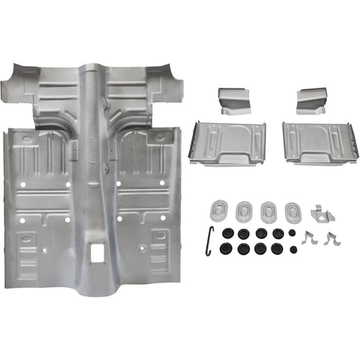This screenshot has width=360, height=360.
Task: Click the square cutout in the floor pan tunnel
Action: [x=96, y=253]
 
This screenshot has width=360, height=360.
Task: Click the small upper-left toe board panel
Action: [x=232, y=100]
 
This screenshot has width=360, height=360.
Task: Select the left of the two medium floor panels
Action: [x=227, y=142]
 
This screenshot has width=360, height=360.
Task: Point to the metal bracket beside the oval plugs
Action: [x=322, y=213]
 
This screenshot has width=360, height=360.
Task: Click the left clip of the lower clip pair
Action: [x=309, y=238]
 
